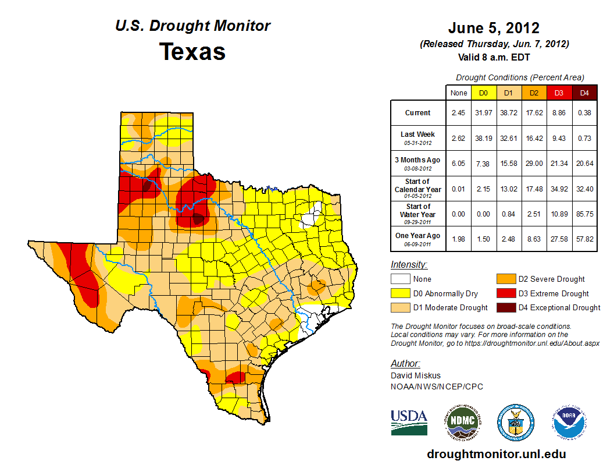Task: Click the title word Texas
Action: [192, 52]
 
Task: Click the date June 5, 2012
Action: [494, 28]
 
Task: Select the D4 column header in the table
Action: [584, 93]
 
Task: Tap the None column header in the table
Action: [458, 93]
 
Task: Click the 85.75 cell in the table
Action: [584, 214]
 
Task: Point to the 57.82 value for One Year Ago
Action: [584, 239]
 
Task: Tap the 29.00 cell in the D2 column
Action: [534, 164]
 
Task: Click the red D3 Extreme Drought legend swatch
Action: [505, 293]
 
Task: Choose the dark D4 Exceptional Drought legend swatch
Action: [505, 307]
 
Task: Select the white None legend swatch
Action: [401, 279]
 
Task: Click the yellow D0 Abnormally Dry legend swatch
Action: [401, 293]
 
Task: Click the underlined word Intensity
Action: [409, 264]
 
